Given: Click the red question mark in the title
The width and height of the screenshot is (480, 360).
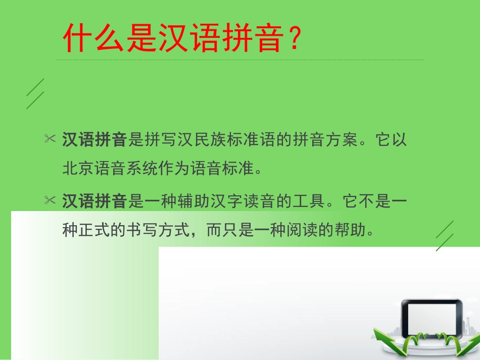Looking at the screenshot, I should [x=294, y=39].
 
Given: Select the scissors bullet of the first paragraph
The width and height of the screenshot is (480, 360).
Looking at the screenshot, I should [x=50, y=139].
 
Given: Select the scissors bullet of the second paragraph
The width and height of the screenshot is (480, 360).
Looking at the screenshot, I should [x=50, y=201].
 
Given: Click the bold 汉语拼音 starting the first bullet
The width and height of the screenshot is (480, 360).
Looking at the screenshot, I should [x=94, y=140].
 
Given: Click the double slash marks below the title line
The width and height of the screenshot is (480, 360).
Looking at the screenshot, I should [x=35, y=93].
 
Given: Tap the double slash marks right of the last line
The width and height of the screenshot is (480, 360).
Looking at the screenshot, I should [x=445, y=236].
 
